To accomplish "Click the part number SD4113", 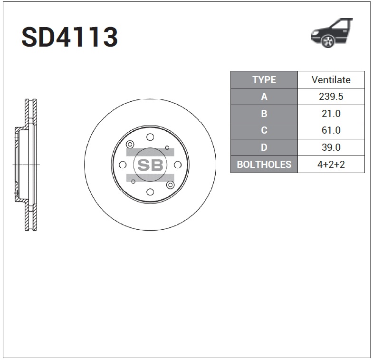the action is (x=70, y=37).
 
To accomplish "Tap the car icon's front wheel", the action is (x=328, y=41).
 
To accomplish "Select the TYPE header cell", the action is (x=264, y=80).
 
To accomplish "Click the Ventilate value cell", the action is (x=331, y=80).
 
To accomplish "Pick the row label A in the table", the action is (x=264, y=97).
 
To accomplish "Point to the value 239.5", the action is (x=331, y=97).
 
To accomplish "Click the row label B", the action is (x=264, y=114).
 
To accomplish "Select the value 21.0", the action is (x=331, y=114).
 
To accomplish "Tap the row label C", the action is (x=264, y=130).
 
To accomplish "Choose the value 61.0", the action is (x=331, y=130).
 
